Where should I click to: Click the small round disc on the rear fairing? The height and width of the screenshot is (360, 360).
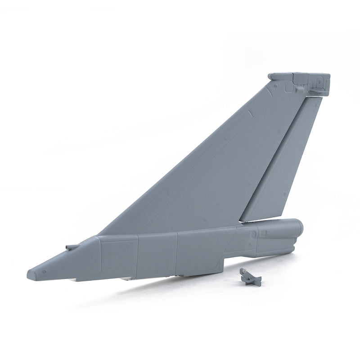[x=253, y=234]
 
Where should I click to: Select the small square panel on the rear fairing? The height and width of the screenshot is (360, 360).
[x=263, y=234]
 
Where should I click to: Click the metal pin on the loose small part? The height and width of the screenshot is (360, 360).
[x=243, y=271]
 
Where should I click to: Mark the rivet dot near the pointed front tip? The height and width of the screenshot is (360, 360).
[x=44, y=272]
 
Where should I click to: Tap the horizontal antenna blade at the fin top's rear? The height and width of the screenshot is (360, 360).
[x=317, y=92]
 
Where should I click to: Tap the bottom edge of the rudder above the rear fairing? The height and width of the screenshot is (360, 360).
[x=261, y=220]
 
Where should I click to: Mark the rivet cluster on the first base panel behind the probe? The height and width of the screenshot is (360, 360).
[x=111, y=252]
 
